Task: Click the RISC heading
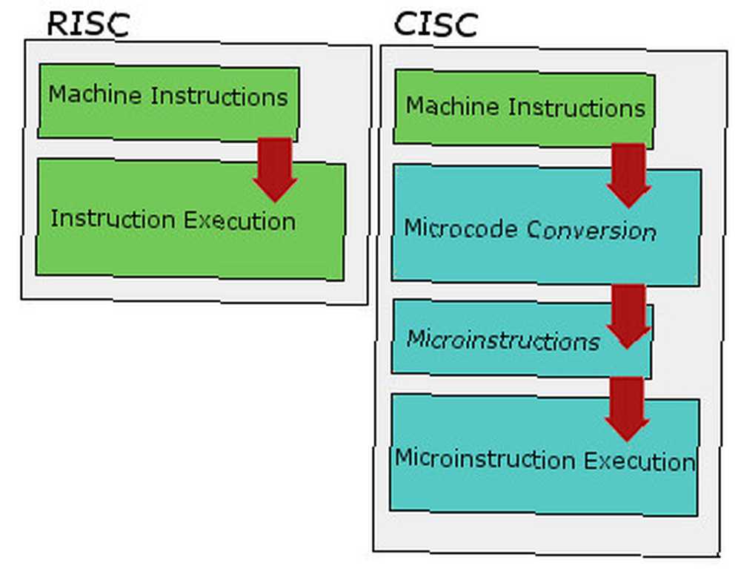88,24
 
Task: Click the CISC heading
436,24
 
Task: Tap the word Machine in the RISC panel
95,94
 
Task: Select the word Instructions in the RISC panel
219,96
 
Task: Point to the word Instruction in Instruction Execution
113,219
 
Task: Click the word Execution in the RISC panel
239,221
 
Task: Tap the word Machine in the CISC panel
452,105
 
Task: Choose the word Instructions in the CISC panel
576,108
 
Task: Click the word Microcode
461,228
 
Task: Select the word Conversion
591,230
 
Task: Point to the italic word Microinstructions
503,340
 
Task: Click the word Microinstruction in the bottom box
485,458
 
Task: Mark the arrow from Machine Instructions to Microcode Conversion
628,176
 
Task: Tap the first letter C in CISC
405,24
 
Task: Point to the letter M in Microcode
413,227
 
